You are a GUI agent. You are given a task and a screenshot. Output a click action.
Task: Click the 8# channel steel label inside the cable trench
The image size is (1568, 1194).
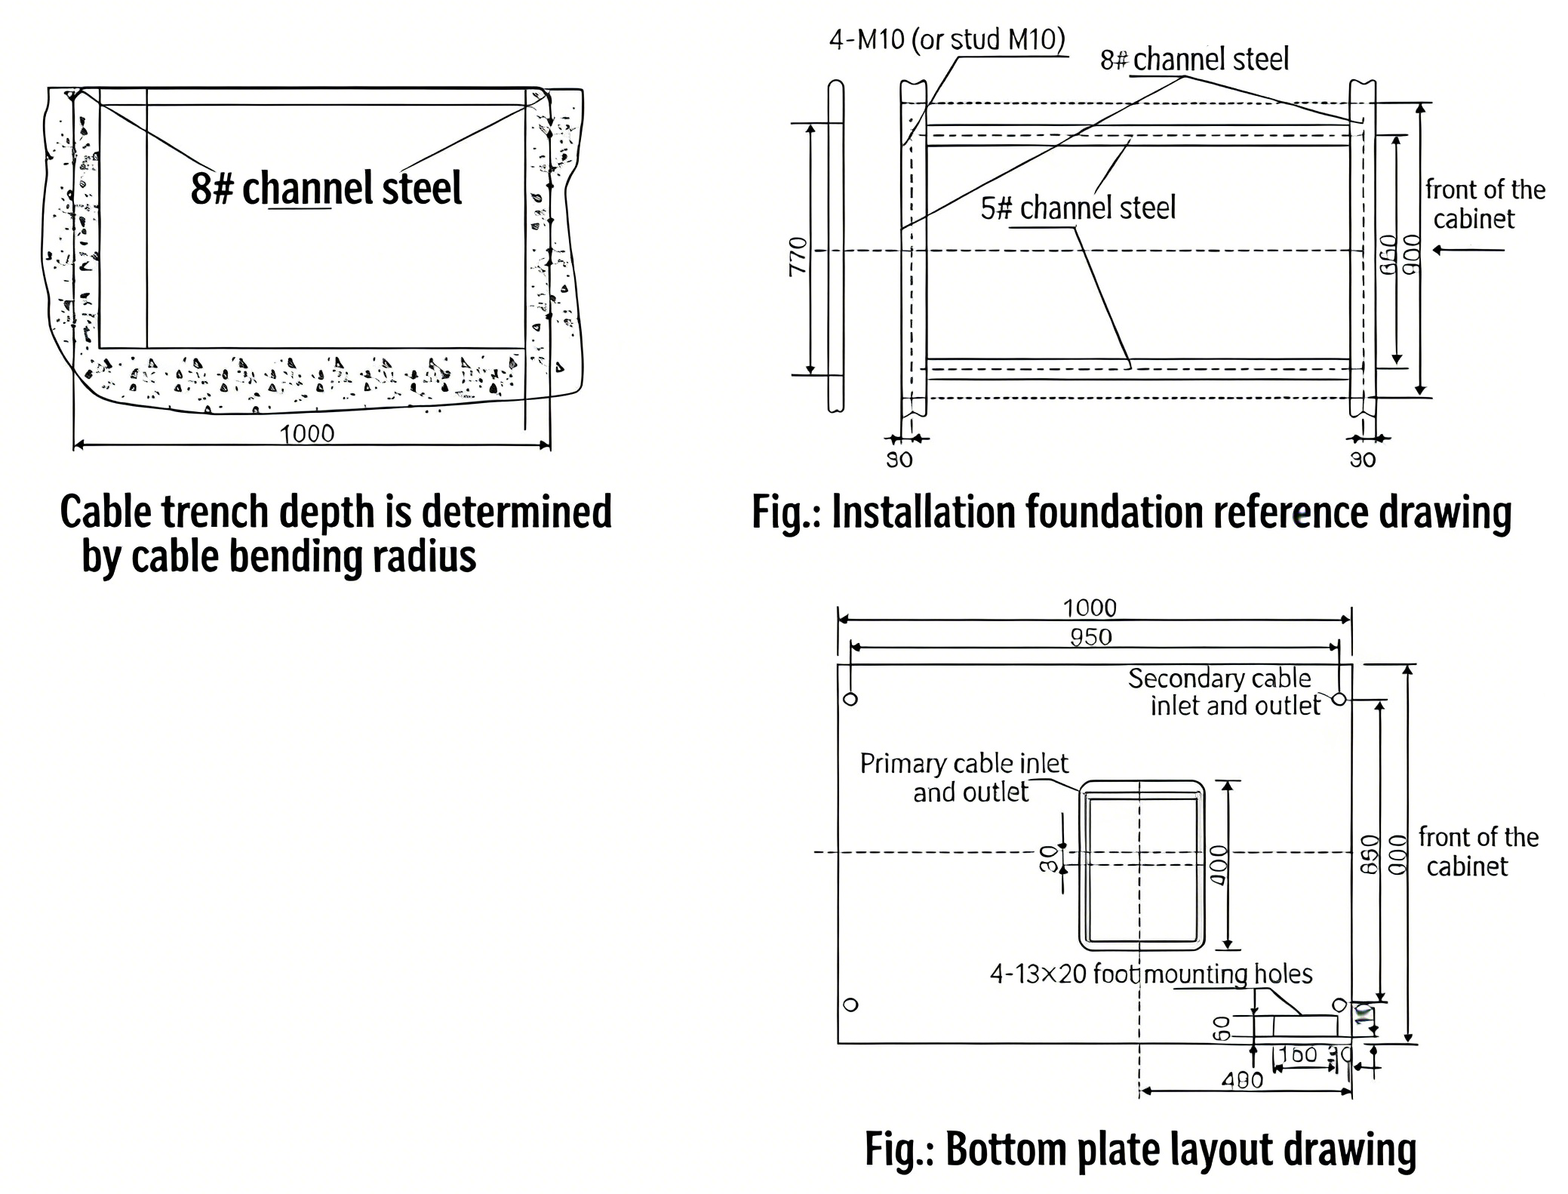325,188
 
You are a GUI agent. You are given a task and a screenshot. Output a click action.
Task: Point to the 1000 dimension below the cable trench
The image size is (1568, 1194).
306,433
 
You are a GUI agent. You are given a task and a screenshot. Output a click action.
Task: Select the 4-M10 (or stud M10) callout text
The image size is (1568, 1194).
946,39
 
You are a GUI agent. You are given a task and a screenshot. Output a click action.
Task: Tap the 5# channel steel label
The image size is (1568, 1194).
1078,208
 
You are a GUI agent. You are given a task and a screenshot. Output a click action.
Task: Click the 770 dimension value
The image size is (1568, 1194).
798,256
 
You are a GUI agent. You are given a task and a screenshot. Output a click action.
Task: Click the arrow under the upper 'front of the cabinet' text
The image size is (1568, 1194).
1468,250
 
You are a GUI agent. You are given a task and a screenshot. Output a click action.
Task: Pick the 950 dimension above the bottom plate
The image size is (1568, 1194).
1090,637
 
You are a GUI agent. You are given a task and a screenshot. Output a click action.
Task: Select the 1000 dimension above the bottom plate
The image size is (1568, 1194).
1089,608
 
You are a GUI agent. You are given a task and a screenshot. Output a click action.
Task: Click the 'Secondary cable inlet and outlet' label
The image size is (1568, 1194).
1226,691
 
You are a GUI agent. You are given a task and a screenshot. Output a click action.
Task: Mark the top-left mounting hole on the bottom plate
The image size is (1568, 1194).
850,699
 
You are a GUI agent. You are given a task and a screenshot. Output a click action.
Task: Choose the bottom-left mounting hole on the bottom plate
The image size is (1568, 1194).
850,1005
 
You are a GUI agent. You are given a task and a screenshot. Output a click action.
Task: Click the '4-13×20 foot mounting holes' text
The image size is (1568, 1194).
1151,974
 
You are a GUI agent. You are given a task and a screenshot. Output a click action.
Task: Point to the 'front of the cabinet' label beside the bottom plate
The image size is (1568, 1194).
1477,851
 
